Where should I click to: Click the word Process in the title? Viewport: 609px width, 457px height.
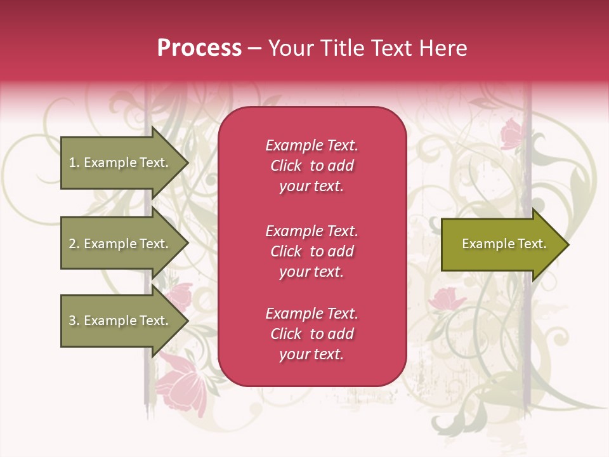pos(199,48)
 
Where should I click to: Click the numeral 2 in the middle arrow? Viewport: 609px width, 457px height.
pos(72,244)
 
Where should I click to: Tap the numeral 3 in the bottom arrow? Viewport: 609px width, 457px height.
pos(72,321)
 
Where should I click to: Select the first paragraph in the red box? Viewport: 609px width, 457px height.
pos(311,166)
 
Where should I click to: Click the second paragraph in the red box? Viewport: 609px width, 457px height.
pos(311,251)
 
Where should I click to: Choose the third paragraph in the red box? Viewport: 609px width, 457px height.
pos(311,334)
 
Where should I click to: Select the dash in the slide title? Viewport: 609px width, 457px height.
pos(254,48)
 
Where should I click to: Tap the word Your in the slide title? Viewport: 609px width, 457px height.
pos(289,48)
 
